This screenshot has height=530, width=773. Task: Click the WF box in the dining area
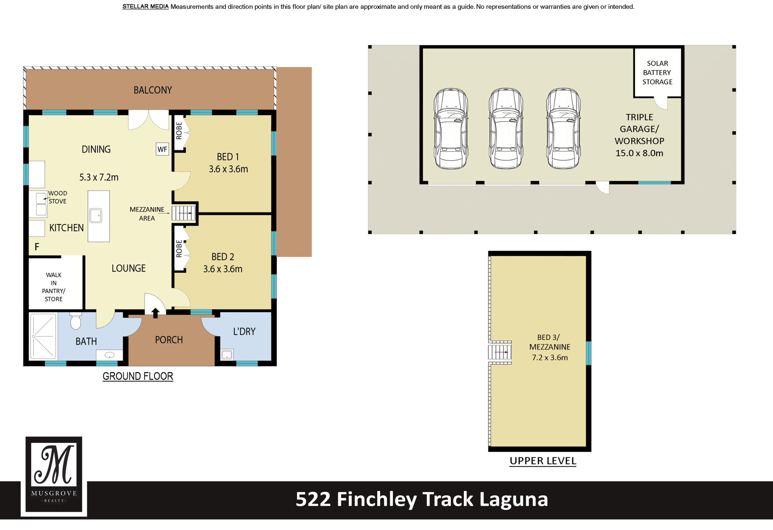162,149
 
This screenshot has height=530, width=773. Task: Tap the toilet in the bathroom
76,320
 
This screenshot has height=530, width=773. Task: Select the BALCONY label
153,90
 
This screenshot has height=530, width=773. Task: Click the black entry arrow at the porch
155,312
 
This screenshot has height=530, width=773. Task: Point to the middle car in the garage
506,128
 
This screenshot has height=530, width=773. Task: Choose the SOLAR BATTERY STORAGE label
657,73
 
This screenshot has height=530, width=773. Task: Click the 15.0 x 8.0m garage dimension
639,153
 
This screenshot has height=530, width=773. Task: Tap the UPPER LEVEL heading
543,461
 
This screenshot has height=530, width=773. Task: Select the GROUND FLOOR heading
138,376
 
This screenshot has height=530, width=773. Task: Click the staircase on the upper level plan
500,353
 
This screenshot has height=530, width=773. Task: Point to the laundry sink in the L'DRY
227,355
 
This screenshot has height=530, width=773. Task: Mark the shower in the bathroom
43,336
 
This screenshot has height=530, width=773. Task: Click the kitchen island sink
96,216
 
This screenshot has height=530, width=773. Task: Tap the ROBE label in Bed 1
179,131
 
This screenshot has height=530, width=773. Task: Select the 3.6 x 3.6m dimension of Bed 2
223,269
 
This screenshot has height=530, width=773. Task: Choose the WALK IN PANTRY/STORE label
54,287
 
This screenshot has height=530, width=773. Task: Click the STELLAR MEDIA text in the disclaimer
145,6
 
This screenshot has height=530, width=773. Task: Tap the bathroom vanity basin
110,355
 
